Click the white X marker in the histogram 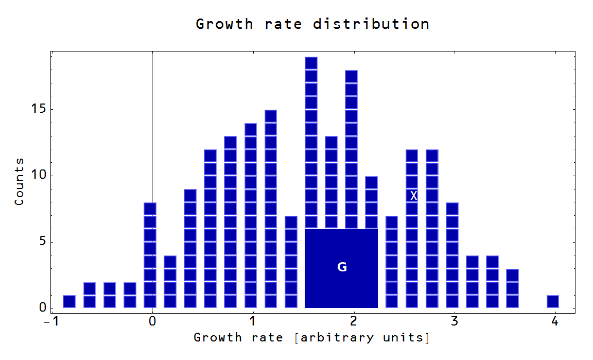coord(413,196)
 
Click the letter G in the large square coord(342,267)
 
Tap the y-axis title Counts coord(19,182)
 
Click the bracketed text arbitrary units coord(362,338)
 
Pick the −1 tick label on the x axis coord(50,321)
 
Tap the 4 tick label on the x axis coord(554,321)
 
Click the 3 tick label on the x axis coord(454,321)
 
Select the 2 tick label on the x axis coord(354,321)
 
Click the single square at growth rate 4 coord(553,301)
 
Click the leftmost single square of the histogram coord(69,301)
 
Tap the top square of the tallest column coord(311,63)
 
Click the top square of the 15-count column coord(271,116)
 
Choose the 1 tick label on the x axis coord(253,321)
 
